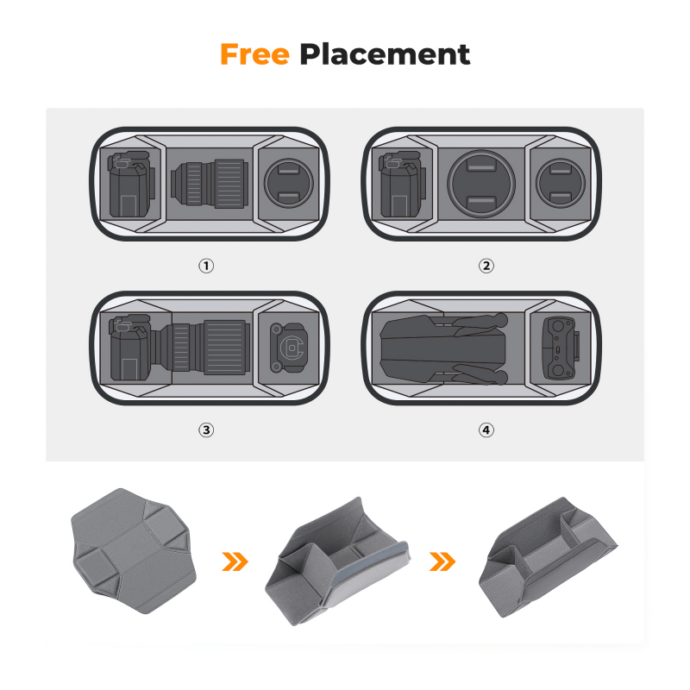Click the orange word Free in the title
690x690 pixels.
[254, 54]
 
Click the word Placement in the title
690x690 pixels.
[385, 54]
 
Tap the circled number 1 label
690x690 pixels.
[206, 266]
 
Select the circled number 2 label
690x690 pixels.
[486, 266]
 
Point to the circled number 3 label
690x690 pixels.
[206, 430]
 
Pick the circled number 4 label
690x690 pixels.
[486, 430]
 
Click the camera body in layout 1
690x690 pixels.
[132, 185]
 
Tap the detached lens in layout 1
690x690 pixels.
[210, 184]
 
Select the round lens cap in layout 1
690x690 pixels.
[289, 183]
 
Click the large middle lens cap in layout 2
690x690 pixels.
[481, 184]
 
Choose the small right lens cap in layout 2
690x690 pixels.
[561, 183]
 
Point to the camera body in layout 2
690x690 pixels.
[403, 185]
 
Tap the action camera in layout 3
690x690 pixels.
[288, 348]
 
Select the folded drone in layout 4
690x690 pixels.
[444, 348]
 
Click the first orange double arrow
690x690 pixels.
[235, 561]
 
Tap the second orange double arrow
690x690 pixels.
[442, 561]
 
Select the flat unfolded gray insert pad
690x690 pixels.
[134, 550]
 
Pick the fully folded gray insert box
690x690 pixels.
[549, 556]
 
